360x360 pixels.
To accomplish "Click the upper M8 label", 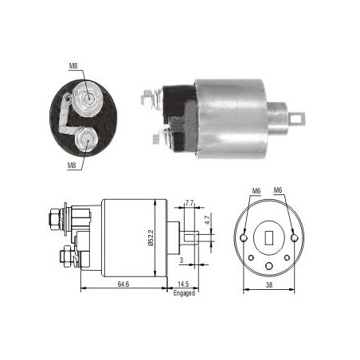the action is click(x=73, y=66).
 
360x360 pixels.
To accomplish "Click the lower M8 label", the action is click(x=72, y=166).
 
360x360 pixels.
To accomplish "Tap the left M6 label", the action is click(x=256, y=190).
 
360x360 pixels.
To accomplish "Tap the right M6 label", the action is click(x=278, y=190).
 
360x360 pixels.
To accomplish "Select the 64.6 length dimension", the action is click(x=123, y=284).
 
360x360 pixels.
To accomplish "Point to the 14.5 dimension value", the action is click(x=183, y=284).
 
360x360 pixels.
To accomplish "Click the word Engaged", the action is click(x=184, y=293).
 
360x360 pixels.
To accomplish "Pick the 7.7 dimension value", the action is click(x=190, y=203).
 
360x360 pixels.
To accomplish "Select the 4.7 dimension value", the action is click(x=208, y=220).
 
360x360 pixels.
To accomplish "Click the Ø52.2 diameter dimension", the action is click(x=151, y=238).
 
